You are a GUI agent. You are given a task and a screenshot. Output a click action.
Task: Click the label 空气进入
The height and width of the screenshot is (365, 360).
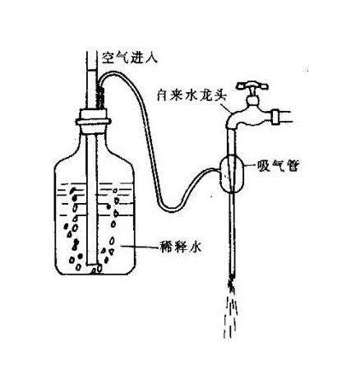pos(130,58)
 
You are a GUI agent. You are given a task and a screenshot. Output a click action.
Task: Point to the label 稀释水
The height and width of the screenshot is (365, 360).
pos(181,247)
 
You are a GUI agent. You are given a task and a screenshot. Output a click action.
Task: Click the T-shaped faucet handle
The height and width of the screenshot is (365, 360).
pos(252,85)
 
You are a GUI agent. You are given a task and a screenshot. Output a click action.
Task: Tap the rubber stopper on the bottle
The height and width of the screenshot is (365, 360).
pos(93,121)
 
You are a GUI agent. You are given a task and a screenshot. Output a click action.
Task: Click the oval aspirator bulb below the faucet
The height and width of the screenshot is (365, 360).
pos(232,173)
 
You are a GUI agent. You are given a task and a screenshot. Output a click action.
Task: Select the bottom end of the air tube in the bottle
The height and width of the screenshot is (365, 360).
pos(91,264)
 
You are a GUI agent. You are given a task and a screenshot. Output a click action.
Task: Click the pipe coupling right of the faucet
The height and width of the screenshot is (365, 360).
pos(275,117)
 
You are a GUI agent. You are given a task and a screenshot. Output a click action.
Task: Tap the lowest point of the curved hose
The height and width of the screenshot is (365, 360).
pos(170,211)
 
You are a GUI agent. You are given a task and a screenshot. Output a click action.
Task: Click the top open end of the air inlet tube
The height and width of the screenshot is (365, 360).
pos(92,52)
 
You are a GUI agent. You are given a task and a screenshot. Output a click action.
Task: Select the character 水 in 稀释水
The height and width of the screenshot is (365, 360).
pos(195,247)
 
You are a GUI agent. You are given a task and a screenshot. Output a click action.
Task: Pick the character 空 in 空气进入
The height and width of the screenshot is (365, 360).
pos(108,58)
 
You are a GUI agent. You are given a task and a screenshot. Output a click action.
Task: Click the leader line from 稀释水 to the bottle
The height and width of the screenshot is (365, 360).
pos(141,247)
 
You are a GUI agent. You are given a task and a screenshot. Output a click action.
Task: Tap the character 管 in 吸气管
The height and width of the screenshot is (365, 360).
pos(293,165)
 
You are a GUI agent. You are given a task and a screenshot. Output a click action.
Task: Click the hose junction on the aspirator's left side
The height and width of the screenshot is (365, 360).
pos(219,170)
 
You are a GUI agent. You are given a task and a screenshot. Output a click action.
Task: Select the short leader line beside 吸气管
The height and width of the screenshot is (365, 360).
pos(250,165)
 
